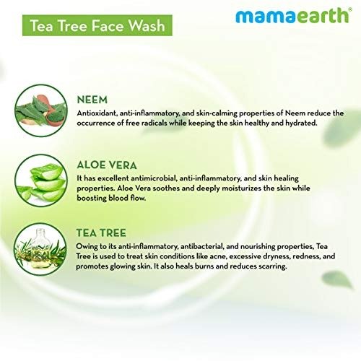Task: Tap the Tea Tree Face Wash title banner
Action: [97, 25]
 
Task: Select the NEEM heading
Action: [92, 100]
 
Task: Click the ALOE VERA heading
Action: [107, 165]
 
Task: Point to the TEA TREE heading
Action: [101, 233]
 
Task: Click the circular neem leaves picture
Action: [41, 110]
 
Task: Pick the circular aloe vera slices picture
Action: [41, 180]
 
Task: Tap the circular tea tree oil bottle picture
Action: [40, 249]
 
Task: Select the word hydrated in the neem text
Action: [301, 123]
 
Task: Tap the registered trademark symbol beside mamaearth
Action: [350, 9]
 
